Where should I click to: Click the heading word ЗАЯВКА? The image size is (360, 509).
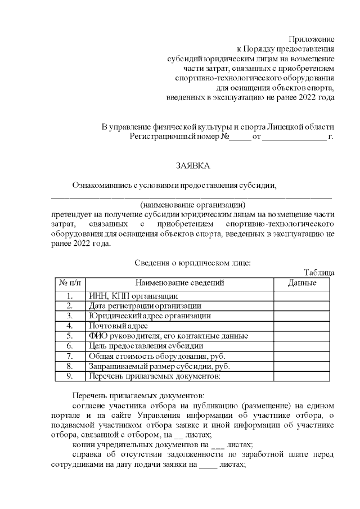tap(192, 166)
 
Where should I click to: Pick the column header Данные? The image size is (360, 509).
tap(301, 283)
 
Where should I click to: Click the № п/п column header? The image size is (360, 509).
tap(69, 283)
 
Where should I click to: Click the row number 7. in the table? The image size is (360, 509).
tap(70, 356)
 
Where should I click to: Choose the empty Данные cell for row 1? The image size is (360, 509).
tap(301, 296)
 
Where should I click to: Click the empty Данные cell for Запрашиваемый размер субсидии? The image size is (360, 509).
tap(301, 366)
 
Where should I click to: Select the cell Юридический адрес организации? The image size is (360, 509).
tap(150, 316)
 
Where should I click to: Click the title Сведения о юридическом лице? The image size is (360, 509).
tap(193, 262)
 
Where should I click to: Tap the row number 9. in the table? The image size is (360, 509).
tap(70, 376)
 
